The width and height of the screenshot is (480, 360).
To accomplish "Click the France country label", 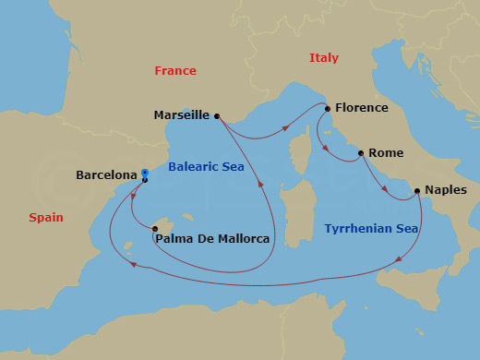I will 175,71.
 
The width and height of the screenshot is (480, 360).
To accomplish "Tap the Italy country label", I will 323,58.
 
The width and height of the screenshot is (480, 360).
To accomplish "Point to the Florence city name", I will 361,108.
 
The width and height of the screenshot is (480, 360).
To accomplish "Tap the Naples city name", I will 446,191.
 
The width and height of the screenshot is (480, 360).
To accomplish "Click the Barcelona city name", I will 106,173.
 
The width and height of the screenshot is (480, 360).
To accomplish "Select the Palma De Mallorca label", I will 213,239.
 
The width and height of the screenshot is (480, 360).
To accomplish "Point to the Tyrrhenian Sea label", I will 371,228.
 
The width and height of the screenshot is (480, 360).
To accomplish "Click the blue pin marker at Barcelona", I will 145,173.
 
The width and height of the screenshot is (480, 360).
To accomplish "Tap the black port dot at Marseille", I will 216,116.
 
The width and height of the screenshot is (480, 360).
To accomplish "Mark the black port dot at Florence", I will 327,108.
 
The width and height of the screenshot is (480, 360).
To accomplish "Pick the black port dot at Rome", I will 360,153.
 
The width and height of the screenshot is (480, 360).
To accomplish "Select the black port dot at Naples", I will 418,191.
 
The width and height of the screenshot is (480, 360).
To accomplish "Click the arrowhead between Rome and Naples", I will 385,190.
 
